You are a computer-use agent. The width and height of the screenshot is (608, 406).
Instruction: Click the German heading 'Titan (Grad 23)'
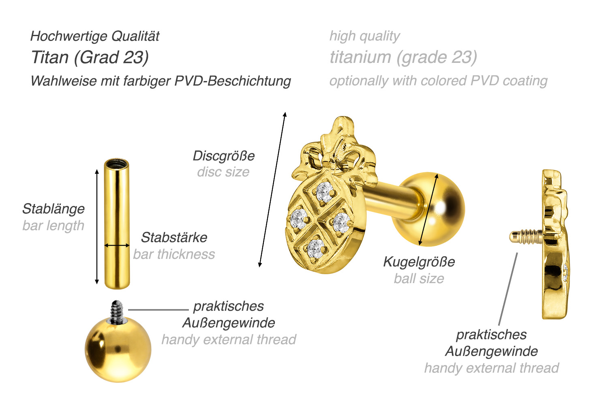pyautogui.click(x=90, y=58)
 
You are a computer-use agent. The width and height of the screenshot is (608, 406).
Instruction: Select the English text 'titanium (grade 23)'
pyautogui.click(x=403, y=58)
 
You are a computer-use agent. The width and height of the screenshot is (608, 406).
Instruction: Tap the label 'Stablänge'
pyautogui.click(x=54, y=209)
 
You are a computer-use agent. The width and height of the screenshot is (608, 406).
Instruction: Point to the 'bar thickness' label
pyautogui.click(x=174, y=254)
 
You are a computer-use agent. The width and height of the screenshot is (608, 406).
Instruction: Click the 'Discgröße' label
pyautogui.click(x=224, y=156)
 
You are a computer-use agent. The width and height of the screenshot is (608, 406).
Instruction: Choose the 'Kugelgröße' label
pyautogui.click(x=419, y=262)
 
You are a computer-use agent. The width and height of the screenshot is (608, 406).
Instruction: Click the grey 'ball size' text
pyautogui.click(x=419, y=279)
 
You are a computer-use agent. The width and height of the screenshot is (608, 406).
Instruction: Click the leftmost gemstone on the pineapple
pyautogui.click(x=300, y=219)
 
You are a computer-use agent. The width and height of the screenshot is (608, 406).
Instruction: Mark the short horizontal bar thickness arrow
pyautogui.click(x=117, y=245)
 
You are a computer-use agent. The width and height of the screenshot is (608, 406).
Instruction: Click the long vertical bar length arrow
pyautogui.click(x=97, y=227)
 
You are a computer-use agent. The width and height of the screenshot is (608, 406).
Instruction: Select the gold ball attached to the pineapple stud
pyautogui.click(x=436, y=209)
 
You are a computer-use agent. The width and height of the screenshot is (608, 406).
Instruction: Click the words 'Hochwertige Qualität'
pyautogui.click(x=95, y=37)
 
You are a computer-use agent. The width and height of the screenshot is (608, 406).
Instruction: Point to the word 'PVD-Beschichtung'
pyautogui.click(x=233, y=81)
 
